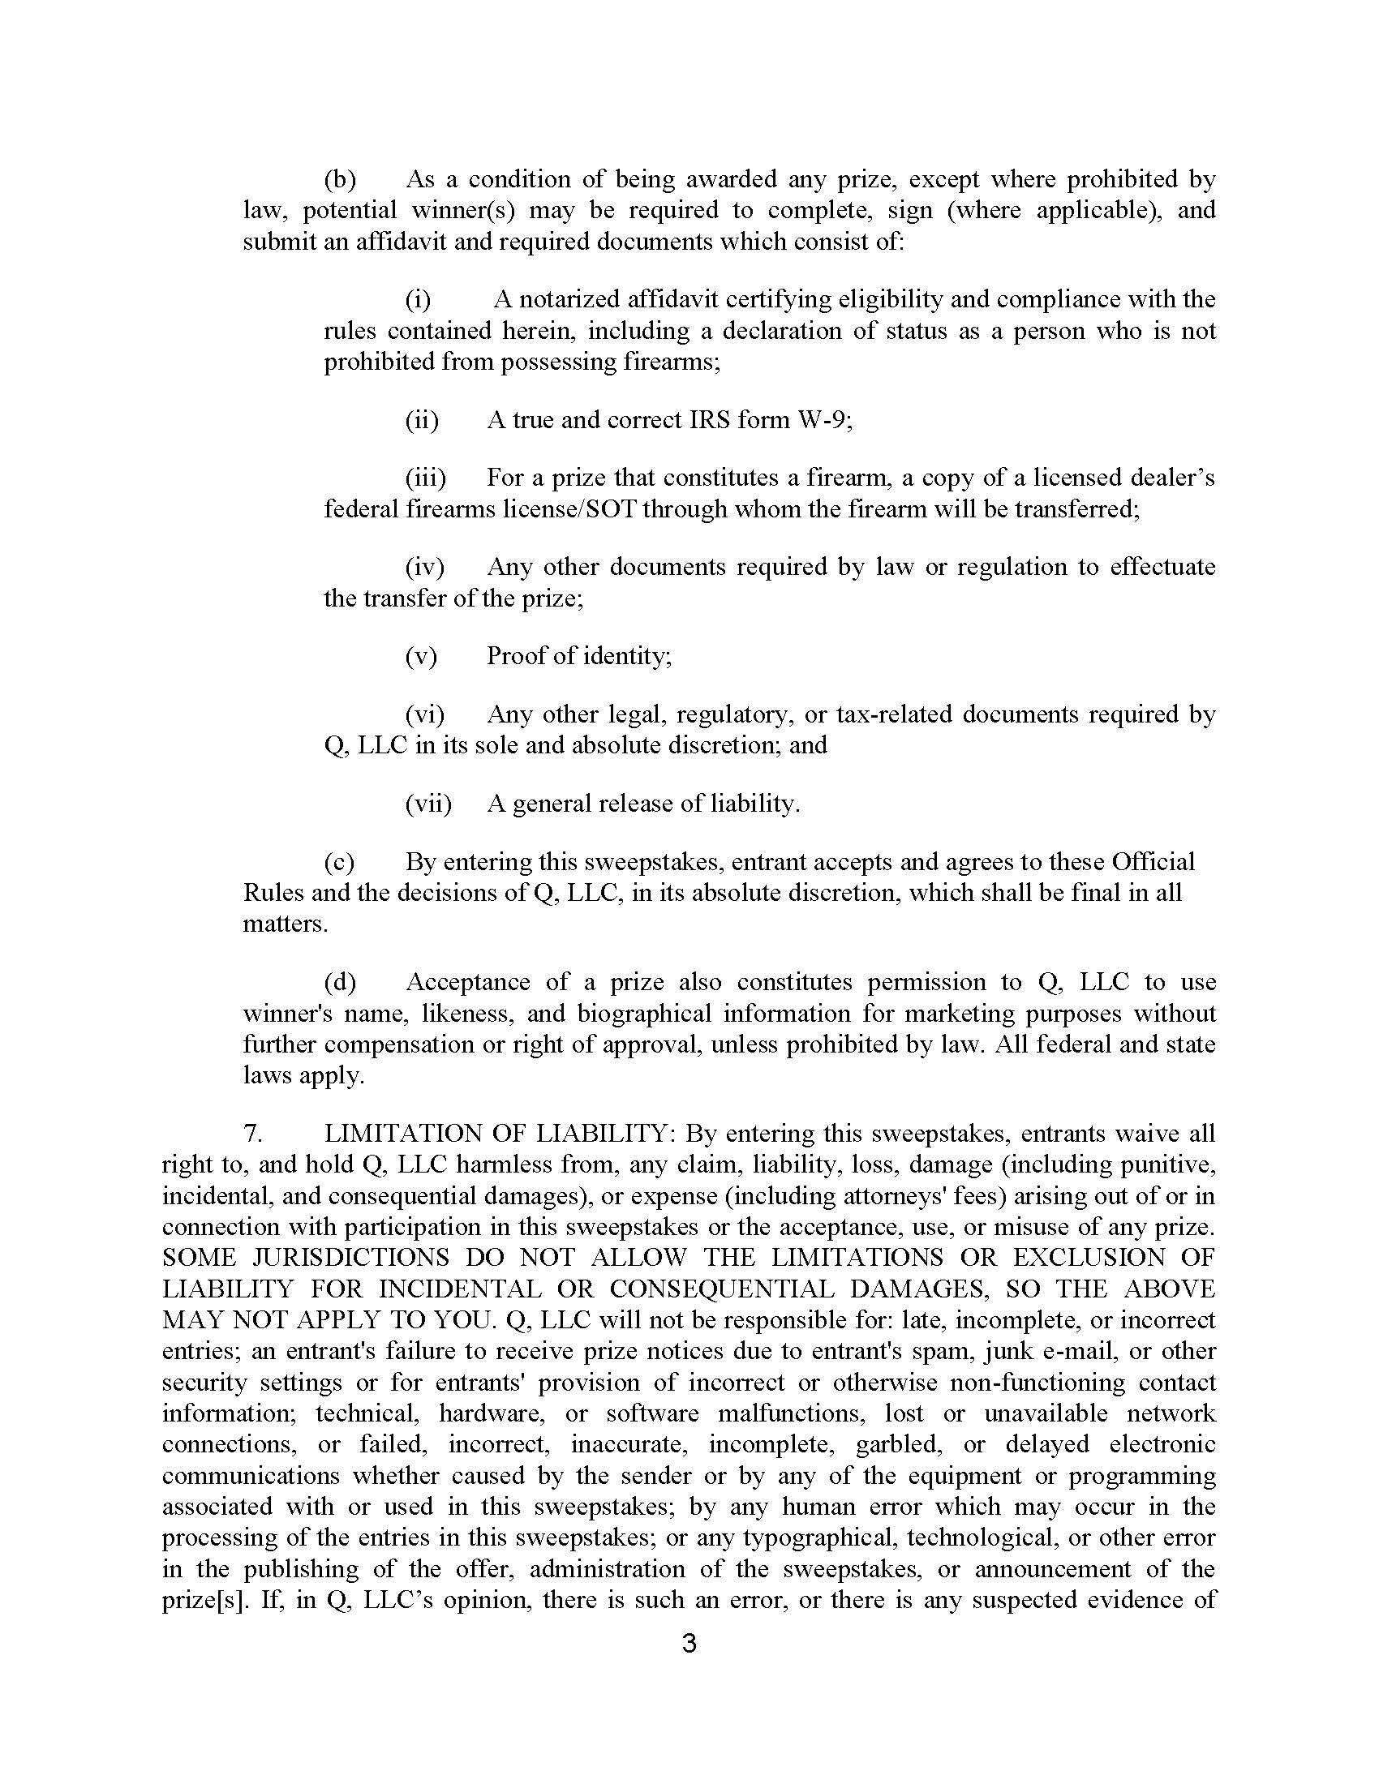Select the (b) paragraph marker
click(x=340, y=179)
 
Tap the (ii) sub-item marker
click(x=422, y=420)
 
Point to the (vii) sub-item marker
click(x=428, y=804)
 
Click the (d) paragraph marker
click(x=340, y=982)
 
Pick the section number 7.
click(x=252, y=1134)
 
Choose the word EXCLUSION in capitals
click(x=1088, y=1258)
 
